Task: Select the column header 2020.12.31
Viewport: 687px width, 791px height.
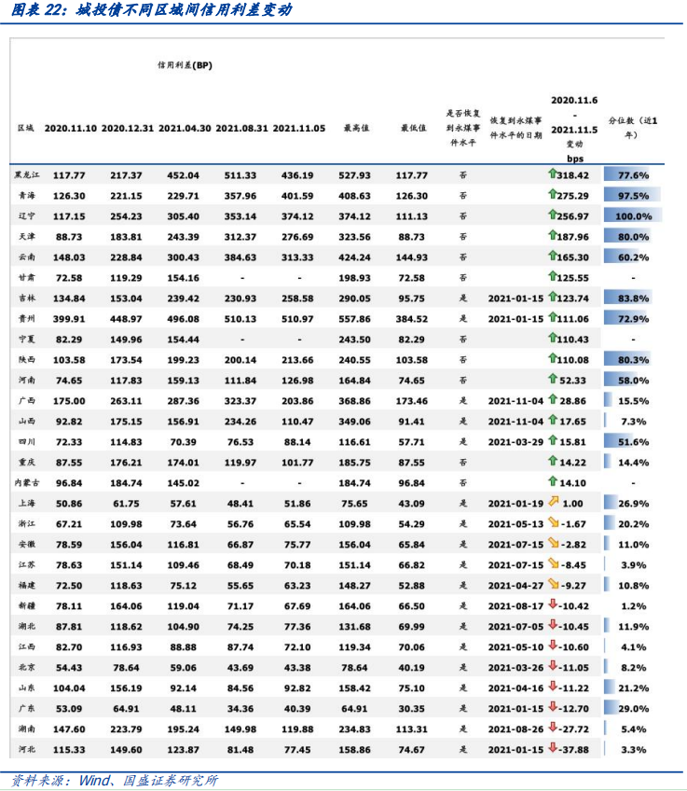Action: pyautogui.click(x=127, y=128)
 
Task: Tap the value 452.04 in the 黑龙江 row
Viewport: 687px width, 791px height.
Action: pyautogui.click(x=184, y=175)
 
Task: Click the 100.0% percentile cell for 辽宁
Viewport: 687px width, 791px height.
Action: pyautogui.click(x=633, y=215)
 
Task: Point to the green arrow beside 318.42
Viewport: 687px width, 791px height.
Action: pyautogui.click(x=553, y=174)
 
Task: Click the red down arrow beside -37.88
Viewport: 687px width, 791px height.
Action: pyautogui.click(x=553, y=748)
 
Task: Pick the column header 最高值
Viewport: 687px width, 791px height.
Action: pyautogui.click(x=357, y=128)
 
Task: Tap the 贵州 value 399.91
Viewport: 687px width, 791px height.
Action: pyautogui.click(x=69, y=318)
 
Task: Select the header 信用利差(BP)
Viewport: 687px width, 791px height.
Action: pyautogui.click(x=185, y=66)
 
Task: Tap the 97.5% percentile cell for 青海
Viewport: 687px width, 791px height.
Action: pyautogui.click(x=633, y=196)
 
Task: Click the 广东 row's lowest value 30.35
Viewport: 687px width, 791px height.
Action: pyautogui.click(x=413, y=707)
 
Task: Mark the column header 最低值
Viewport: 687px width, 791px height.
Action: pyautogui.click(x=413, y=128)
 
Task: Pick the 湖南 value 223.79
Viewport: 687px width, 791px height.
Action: pyautogui.click(x=126, y=728)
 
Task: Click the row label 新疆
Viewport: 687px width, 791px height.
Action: pyautogui.click(x=26, y=605)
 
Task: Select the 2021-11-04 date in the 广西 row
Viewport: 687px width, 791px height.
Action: pyautogui.click(x=515, y=400)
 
